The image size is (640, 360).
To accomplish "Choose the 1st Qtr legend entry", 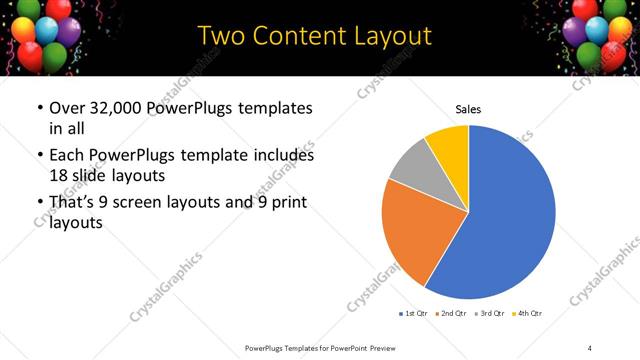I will (x=415, y=314).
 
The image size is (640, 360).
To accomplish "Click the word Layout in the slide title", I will (x=385, y=36).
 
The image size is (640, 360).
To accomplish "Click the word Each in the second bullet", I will (x=67, y=156).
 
